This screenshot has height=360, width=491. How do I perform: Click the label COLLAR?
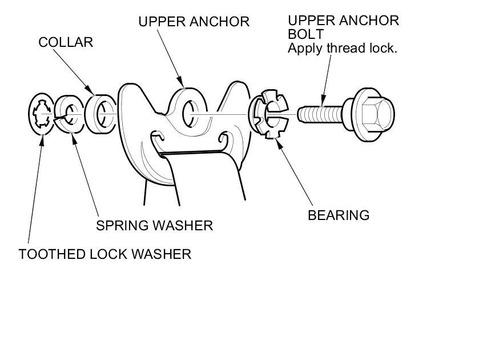click(x=66, y=42)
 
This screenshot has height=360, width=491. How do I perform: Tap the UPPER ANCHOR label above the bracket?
click(x=194, y=22)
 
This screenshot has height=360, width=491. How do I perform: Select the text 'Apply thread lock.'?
click(x=342, y=48)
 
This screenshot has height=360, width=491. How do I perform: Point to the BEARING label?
click(x=339, y=215)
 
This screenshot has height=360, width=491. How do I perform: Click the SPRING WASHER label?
click(x=154, y=226)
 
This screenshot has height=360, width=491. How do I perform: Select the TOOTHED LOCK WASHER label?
click(x=104, y=254)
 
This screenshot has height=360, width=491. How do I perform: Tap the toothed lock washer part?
click(x=42, y=114)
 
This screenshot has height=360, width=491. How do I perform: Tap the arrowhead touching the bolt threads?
click(x=323, y=105)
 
